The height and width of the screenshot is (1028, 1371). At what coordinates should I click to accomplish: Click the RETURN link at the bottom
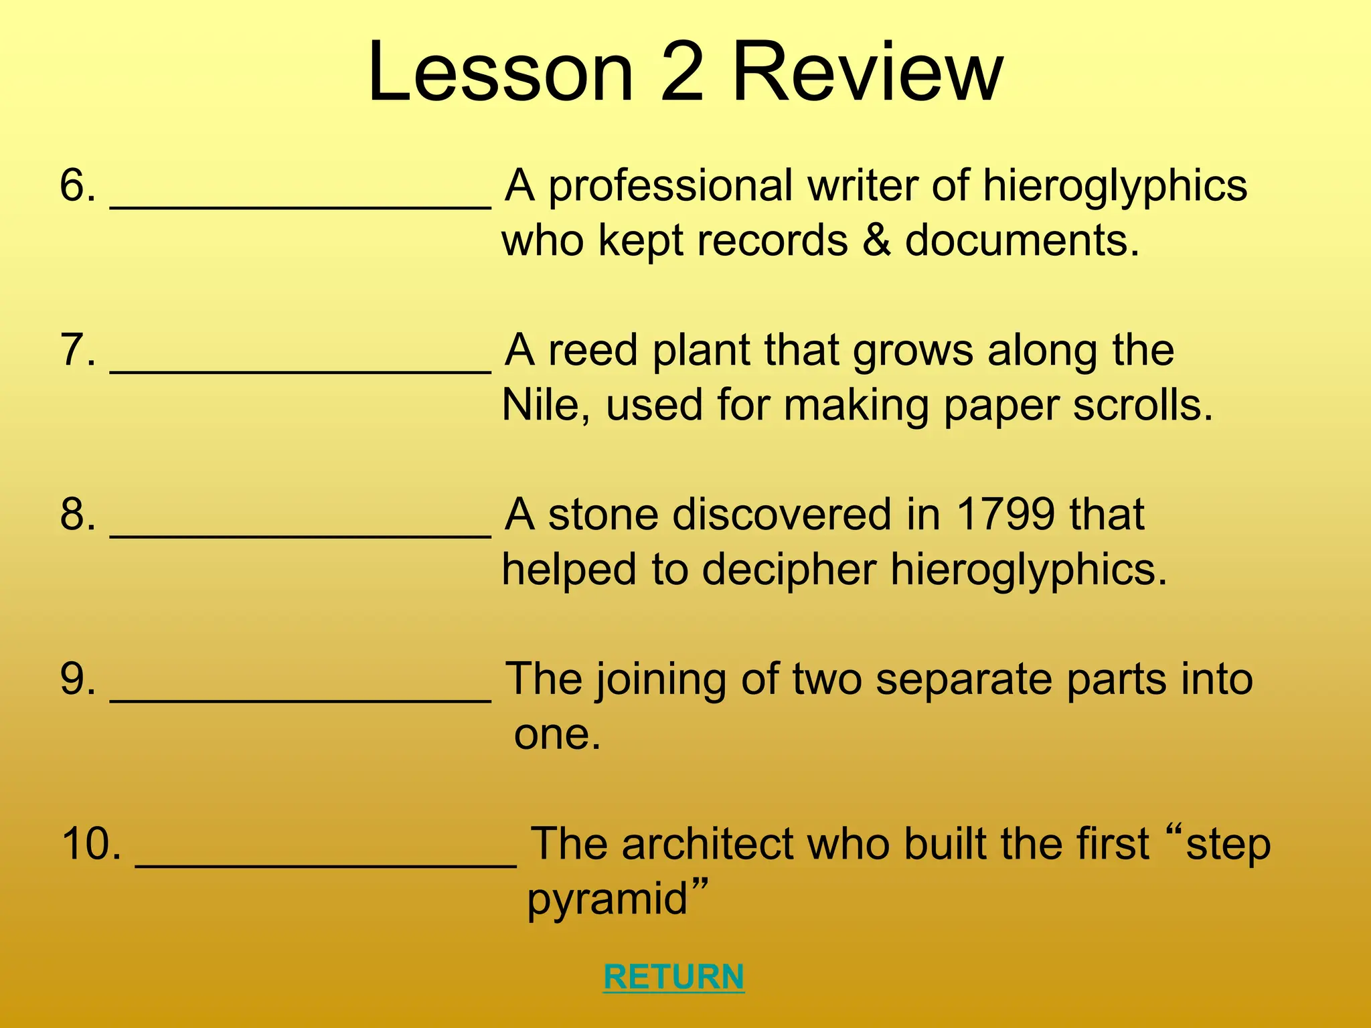(673, 976)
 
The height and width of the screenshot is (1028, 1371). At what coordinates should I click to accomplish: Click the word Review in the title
(868, 72)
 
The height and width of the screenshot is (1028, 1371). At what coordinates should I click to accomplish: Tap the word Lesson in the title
(500, 72)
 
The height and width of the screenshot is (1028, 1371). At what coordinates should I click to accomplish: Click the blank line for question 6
(301, 204)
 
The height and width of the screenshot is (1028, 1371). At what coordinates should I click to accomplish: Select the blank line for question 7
(301, 369)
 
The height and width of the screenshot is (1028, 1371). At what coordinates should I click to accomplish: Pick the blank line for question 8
(301, 533)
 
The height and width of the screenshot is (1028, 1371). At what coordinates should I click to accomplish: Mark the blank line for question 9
(301, 698)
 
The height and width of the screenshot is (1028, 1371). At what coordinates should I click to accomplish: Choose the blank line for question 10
(326, 863)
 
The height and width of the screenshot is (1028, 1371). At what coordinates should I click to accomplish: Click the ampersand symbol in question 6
(876, 240)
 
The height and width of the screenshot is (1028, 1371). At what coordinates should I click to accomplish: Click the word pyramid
(608, 900)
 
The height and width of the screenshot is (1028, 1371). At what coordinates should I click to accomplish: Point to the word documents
(1022, 240)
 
